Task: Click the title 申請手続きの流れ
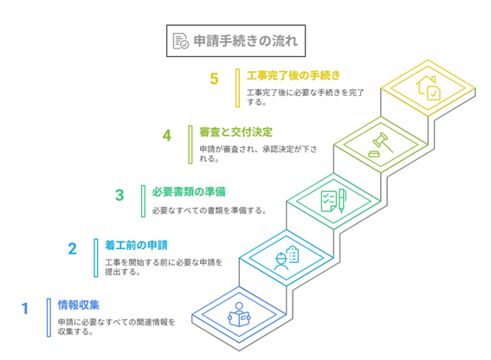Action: (246, 41)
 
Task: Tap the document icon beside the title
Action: (181, 41)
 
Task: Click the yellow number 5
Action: (214, 79)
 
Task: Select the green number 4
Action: (167, 136)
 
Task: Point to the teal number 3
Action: (120, 195)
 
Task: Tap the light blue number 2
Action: (73, 249)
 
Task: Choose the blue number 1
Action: (25, 309)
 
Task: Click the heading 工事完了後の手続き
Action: (293, 75)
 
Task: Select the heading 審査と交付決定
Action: (236, 132)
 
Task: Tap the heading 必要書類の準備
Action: (189, 191)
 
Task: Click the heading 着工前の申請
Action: (137, 245)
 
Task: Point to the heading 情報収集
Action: (79, 305)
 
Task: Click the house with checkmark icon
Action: (428, 88)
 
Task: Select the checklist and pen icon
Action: (333, 201)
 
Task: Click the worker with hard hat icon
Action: (287, 258)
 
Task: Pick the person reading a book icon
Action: (239, 314)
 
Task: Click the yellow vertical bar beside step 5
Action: (237, 88)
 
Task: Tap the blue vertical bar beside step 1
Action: (48, 318)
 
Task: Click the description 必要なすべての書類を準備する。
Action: (210, 210)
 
